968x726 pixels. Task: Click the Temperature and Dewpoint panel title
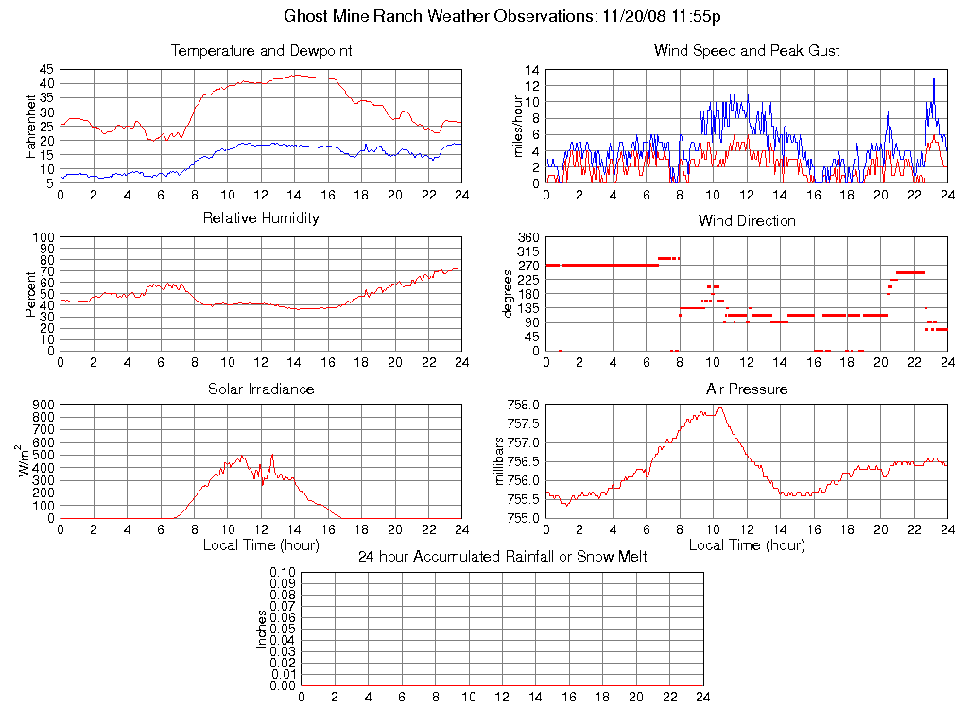tap(262, 50)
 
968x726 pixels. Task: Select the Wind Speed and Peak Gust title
tap(747, 50)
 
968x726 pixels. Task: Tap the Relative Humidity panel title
tap(262, 218)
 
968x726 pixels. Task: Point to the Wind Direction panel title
tap(747, 220)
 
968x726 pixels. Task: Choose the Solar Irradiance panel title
tap(262, 389)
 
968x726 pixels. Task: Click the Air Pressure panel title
tap(747, 389)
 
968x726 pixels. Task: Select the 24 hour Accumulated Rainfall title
tap(502, 556)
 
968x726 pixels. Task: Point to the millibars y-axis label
tap(501, 461)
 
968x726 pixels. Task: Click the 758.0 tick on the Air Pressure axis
tap(523, 405)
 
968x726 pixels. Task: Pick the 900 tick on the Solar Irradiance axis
tap(44, 405)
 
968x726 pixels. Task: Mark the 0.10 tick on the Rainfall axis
tap(282, 572)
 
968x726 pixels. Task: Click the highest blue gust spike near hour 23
tap(934, 78)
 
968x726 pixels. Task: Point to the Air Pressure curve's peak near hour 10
tap(720, 408)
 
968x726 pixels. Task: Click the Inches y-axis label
tap(262, 629)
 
